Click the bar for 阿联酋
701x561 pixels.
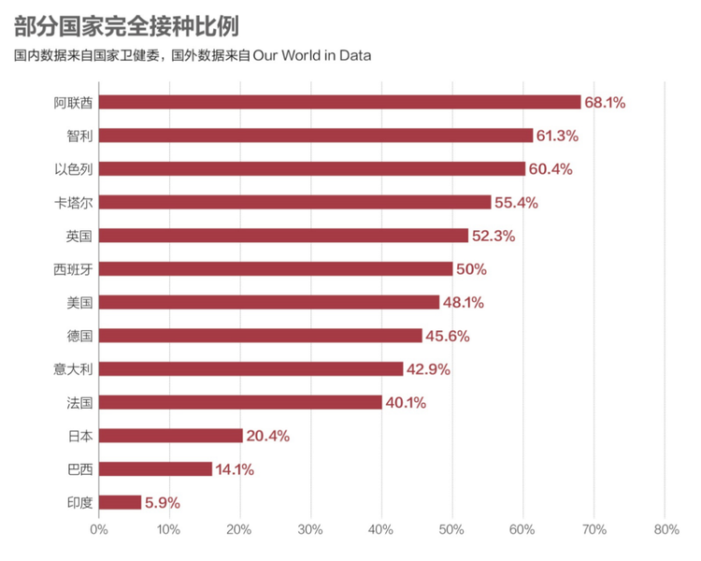click(340, 102)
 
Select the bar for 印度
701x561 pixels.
click(120, 502)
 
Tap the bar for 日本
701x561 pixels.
click(171, 436)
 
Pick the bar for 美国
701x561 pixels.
click(269, 302)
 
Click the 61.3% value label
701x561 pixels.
click(557, 136)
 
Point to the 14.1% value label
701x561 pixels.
click(235, 469)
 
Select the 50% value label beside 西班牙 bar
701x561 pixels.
click(471, 269)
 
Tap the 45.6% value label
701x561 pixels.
click(448, 336)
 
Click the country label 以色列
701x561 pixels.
click(73, 169)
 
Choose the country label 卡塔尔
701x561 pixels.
click(73, 203)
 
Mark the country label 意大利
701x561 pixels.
click(73, 369)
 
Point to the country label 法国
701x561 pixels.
click(79, 403)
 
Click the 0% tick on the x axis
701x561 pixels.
click(99, 530)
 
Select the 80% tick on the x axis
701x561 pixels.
click(666, 530)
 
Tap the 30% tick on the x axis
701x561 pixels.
click(310, 530)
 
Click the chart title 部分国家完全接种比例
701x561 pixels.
click(127, 26)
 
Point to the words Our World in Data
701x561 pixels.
click(312, 55)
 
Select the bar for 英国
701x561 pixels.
click(283, 236)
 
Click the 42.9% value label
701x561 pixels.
click(428, 369)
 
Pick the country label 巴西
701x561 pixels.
click(79, 469)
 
